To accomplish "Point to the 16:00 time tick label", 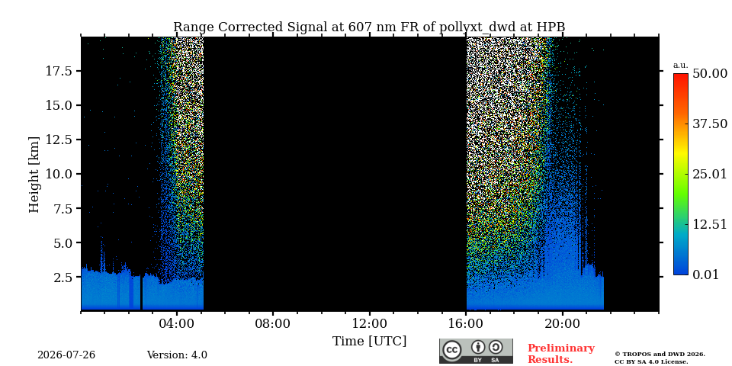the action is pyautogui.click(x=467, y=324).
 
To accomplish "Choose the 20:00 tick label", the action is pyautogui.click(x=563, y=324).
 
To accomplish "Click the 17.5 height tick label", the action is pyautogui.click(x=59, y=71).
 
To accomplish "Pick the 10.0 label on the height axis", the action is pyautogui.click(x=59, y=174).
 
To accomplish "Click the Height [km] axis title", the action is pyautogui.click(x=34, y=174).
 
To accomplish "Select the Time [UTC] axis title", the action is pyautogui.click(x=369, y=342).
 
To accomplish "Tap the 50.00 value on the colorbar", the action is pyautogui.click(x=710, y=74).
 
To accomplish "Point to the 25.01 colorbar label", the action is pyautogui.click(x=710, y=175).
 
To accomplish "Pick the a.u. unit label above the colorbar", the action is pyautogui.click(x=681, y=66).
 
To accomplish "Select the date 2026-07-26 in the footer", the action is pyautogui.click(x=66, y=355).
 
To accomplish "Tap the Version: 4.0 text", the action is pyautogui.click(x=177, y=355).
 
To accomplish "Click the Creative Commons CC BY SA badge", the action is pyautogui.click(x=476, y=351).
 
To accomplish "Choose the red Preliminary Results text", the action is pyautogui.click(x=561, y=354).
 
